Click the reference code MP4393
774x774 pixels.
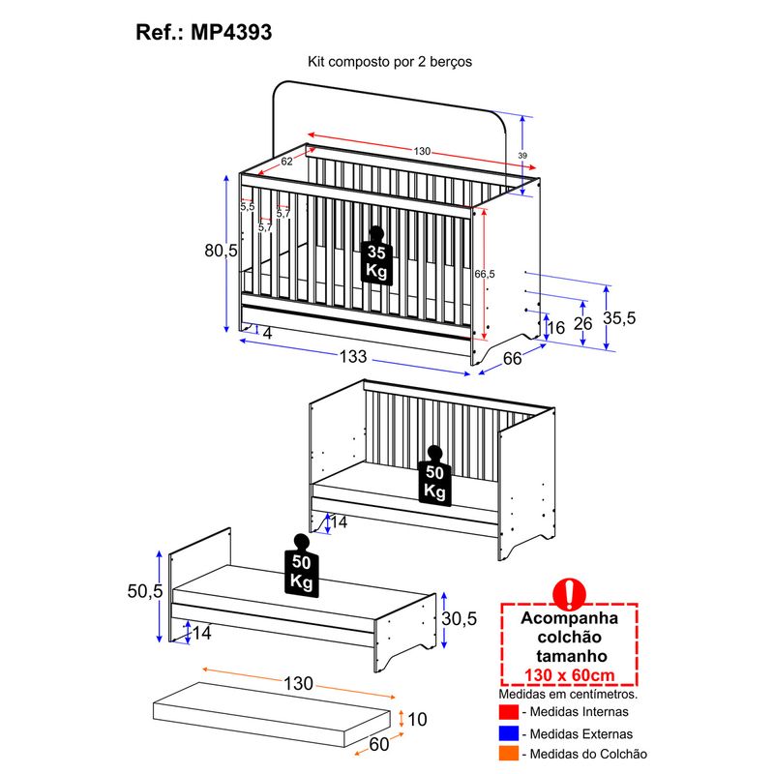click(231, 33)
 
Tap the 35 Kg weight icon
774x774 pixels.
click(376, 255)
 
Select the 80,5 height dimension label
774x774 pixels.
click(222, 251)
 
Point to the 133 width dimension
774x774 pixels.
click(353, 356)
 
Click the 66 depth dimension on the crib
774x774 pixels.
click(513, 358)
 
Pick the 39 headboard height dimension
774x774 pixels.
click(522, 156)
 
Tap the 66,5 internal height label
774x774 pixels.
click(485, 274)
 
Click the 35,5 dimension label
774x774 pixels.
click(619, 318)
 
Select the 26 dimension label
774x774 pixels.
click(583, 324)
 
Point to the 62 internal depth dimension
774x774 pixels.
click(286, 162)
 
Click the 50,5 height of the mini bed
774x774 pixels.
click(144, 591)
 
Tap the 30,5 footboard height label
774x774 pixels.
click(459, 618)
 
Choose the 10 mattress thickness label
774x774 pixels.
click(417, 719)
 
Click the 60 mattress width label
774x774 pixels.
click(379, 744)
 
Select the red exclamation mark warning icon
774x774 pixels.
click(569, 594)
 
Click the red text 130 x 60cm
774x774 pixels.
click(570, 674)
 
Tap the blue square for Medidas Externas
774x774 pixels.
click(509, 733)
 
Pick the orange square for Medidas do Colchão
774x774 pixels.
click(509, 754)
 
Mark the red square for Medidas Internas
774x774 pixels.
click(509, 712)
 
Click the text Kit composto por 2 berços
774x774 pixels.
click(390, 62)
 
